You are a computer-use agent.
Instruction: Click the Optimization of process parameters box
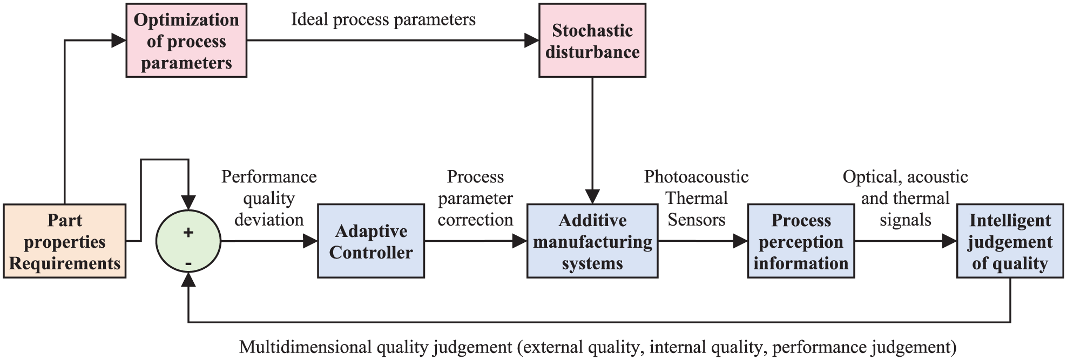tap(186, 40)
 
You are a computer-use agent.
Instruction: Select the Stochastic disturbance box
tap(592, 40)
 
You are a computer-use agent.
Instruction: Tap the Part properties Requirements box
tap(64, 241)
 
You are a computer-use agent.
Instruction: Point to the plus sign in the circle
tap(188, 233)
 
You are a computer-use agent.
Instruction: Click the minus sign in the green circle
tap(188, 263)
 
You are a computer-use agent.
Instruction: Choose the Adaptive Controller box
tap(371, 241)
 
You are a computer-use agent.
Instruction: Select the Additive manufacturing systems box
tap(592, 241)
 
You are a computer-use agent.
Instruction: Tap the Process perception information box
tap(801, 241)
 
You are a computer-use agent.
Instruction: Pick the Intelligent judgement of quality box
tap(1010, 241)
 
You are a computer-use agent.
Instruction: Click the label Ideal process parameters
tap(383, 19)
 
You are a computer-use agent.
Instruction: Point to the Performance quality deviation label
tap(269, 198)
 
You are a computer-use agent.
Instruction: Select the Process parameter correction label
tap(475, 198)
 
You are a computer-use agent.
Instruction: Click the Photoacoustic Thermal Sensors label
tap(697, 198)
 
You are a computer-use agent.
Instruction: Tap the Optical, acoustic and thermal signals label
tap(905, 198)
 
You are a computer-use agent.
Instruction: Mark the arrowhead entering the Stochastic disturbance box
tap(532, 40)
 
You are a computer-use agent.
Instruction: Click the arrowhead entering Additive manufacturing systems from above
tap(592, 197)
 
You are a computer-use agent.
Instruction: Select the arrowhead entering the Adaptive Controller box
tap(310, 241)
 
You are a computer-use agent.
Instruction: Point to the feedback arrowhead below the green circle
tap(188, 279)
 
